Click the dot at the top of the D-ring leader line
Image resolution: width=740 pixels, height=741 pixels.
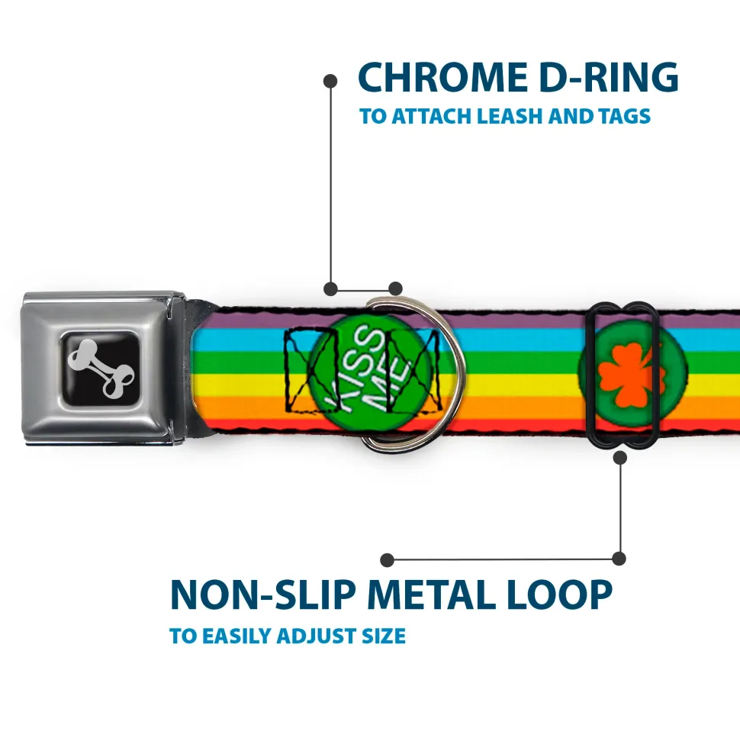tap(330, 82)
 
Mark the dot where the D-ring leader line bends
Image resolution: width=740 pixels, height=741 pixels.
tap(331, 288)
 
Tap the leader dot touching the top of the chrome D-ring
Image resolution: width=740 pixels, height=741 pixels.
tap(395, 288)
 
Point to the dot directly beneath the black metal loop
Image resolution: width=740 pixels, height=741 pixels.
tap(619, 457)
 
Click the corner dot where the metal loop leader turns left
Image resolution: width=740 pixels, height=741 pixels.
tap(619, 559)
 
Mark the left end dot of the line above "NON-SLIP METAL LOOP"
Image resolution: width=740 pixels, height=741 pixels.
tap(387, 560)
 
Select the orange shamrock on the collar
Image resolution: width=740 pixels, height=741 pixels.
tap(631, 374)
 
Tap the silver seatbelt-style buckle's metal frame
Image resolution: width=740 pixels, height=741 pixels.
tap(103, 369)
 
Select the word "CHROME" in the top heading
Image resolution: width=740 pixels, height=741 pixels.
tap(442, 77)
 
